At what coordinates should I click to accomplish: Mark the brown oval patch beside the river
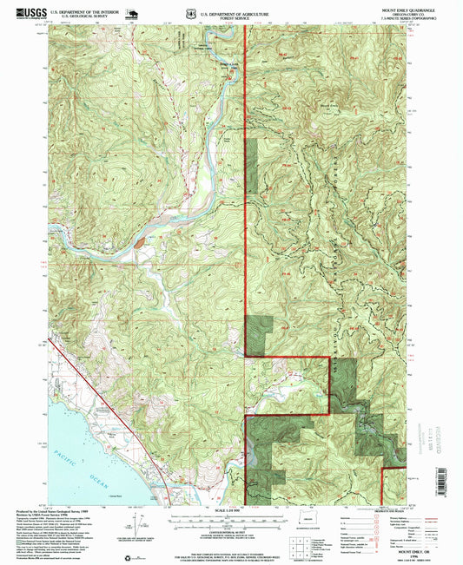coord(139,244)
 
